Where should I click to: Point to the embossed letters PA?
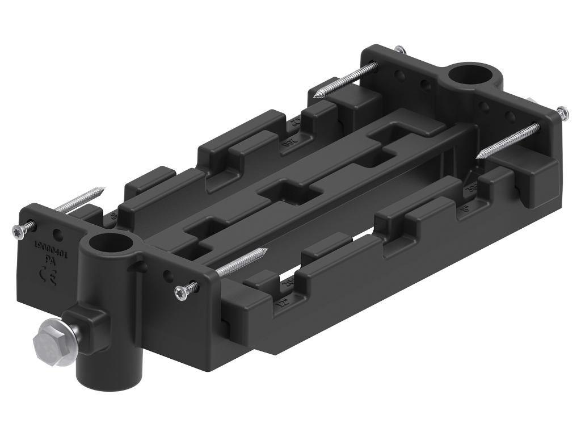[x=49, y=262]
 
